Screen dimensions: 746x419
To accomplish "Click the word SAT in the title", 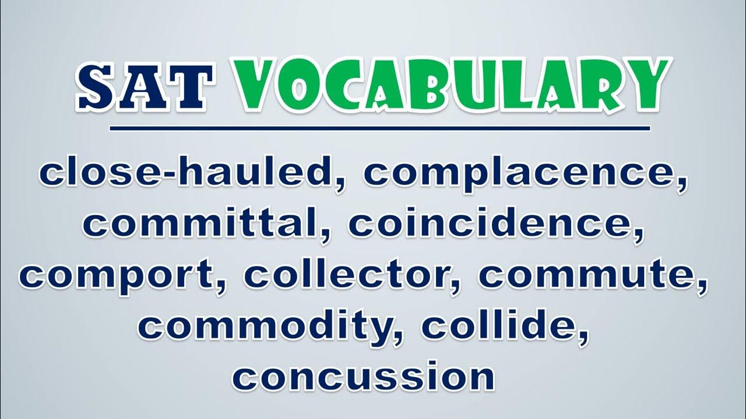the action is click(144, 87).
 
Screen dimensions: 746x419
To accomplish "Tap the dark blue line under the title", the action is click(379, 129).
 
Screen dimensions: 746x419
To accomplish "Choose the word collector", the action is click(348, 276).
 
